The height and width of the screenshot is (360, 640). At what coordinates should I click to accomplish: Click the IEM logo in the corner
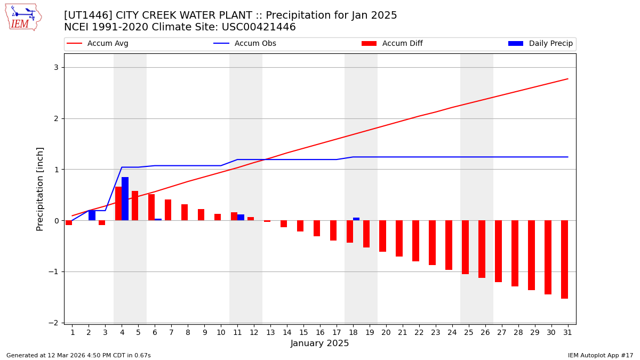[23, 17]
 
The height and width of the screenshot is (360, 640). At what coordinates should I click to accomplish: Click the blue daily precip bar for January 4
[125, 198]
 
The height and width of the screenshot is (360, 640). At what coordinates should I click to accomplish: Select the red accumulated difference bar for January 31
[564, 259]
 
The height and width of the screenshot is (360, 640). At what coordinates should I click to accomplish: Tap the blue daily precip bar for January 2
[92, 215]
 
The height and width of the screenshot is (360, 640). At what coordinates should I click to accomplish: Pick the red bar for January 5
[135, 205]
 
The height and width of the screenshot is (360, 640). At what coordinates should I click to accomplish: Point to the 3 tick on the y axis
[55, 67]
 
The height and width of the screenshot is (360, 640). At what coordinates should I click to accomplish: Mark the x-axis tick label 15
[303, 332]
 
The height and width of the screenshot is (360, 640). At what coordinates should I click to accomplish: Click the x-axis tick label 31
[567, 332]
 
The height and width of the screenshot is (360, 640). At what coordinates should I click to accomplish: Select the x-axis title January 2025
[319, 343]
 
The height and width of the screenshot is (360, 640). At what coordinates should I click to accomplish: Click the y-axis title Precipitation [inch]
[40, 189]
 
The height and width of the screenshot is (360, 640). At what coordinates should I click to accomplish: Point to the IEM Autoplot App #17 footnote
[600, 355]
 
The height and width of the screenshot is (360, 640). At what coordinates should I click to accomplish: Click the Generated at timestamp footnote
[78, 355]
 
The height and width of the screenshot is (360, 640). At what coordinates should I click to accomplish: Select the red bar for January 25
[465, 247]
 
